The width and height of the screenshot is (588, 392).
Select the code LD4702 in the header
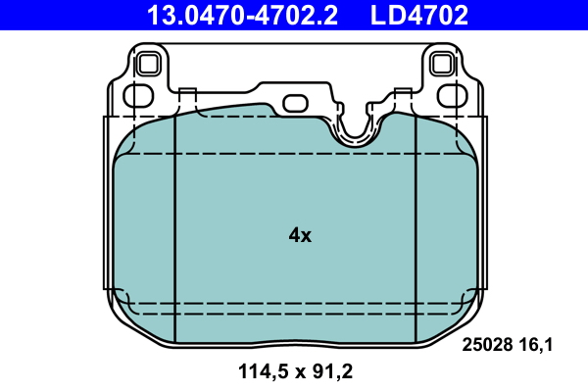point(418,15)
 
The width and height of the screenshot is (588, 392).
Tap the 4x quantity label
point(300,235)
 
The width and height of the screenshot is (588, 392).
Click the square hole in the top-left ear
point(149,65)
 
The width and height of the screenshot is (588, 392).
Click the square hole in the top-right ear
point(443,65)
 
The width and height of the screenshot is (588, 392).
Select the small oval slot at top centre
point(295,103)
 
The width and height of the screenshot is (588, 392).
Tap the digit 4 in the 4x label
point(294,235)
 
